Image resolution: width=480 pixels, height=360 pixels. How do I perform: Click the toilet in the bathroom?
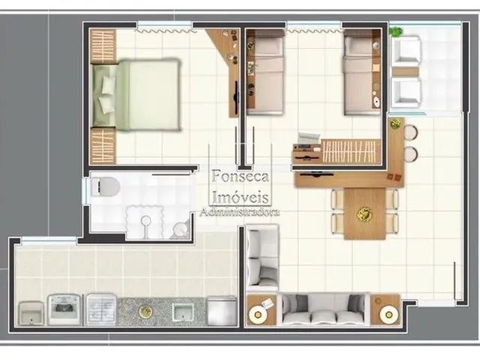[105, 187]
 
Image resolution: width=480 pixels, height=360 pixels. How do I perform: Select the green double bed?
[136, 95]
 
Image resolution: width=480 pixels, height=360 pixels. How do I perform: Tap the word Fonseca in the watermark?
[240, 176]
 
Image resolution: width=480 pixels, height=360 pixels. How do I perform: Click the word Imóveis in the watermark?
[240, 197]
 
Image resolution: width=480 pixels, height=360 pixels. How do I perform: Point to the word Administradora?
[240, 212]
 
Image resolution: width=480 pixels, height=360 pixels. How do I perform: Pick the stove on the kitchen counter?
[65, 310]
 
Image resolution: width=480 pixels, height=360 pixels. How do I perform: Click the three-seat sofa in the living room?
[323, 310]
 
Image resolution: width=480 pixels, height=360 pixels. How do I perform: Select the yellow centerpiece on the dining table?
[364, 213]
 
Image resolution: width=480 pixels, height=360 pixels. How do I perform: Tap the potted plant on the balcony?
[396, 31]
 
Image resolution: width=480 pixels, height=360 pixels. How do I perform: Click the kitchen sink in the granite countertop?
[183, 311]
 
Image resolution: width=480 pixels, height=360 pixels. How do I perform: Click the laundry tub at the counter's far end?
[30, 313]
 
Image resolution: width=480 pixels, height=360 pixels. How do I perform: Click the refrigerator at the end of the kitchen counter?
[222, 311]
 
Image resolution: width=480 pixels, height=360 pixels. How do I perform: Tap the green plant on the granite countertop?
[145, 312]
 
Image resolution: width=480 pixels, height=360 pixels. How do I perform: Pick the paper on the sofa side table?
[266, 302]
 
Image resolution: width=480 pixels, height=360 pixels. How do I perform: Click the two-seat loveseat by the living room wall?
[262, 258]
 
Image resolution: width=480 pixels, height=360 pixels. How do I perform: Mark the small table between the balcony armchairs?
[405, 72]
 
